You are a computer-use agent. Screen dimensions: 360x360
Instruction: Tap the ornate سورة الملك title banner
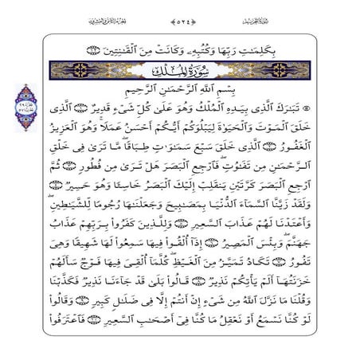pos(179,74)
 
